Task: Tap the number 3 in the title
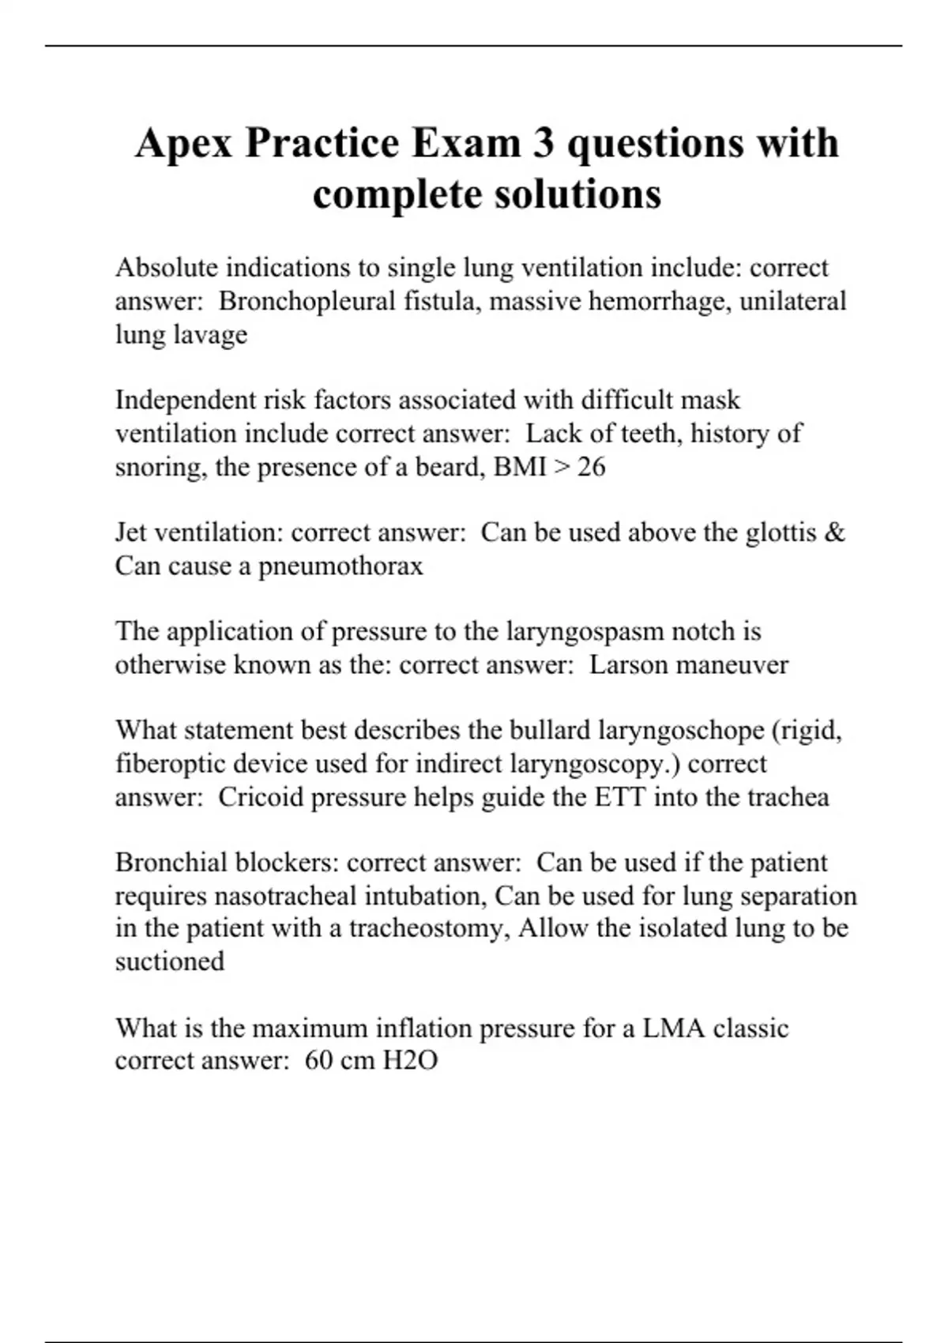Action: (543, 144)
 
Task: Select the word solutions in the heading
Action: (572, 194)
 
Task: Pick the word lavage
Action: (209, 335)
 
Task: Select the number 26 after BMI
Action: (591, 467)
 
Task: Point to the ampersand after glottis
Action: (833, 532)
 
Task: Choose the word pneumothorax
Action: (340, 566)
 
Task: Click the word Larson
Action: (629, 664)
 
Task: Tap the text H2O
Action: (410, 1060)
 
